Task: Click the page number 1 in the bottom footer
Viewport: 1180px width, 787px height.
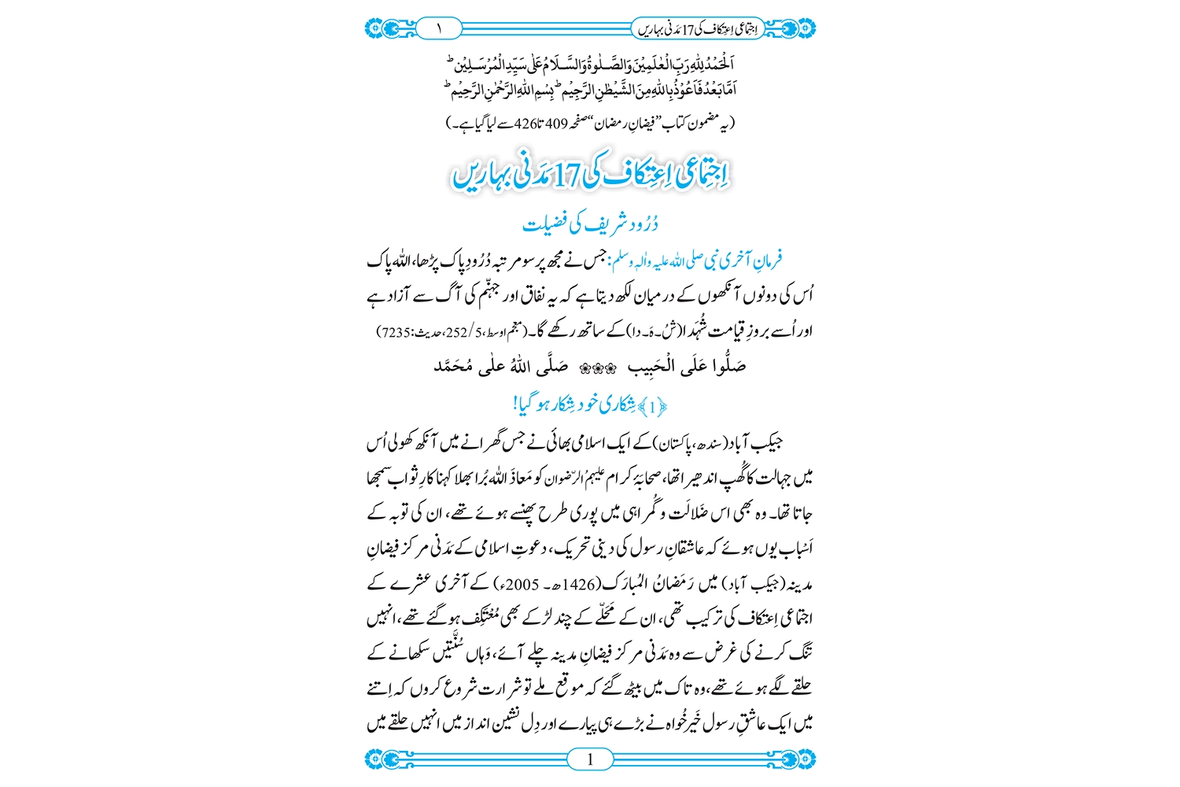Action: pos(590,759)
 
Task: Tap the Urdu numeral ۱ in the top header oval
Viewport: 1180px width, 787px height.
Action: pos(438,28)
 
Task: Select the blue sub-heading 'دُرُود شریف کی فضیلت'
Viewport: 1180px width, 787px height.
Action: pos(591,224)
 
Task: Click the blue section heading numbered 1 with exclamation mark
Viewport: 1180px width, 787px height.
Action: pos(591,405)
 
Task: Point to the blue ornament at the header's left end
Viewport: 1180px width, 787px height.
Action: pos(384,28)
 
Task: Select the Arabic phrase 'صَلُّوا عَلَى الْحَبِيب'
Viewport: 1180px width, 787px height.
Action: pos(686,366)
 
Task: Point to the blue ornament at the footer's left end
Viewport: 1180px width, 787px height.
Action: pos(384,759)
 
